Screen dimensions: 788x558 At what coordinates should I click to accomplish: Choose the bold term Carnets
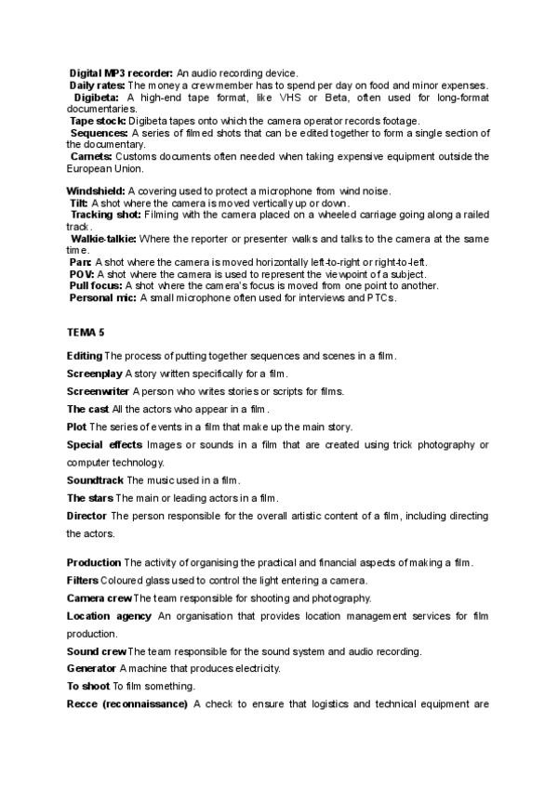[92, 157]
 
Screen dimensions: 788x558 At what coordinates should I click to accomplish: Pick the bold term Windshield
[96, 190]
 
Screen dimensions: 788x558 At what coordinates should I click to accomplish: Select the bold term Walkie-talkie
[103, 239]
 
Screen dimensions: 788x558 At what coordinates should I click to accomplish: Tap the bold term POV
[81, 274]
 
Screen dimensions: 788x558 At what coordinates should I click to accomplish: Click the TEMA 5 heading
[86, 332]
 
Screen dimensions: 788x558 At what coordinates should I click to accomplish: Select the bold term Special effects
[104, 445]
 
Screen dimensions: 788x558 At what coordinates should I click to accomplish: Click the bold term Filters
[83, 580]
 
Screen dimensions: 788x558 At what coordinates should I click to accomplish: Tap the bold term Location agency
[108, 615]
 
